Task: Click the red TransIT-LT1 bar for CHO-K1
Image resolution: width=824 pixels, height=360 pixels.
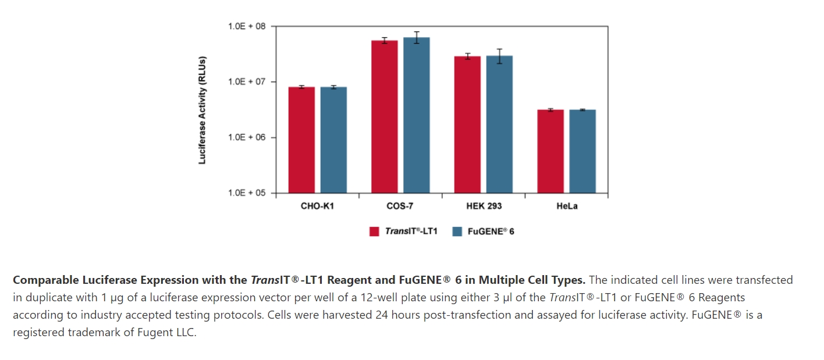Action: pyautogui.click(x=301, y=140)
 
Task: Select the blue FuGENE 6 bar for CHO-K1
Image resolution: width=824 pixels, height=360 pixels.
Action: pyautogui.click(x=333, y=140)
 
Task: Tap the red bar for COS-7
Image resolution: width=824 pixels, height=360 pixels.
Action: pyautogui.click(x=385, y=116)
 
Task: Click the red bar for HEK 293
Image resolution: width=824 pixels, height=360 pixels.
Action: pyautogui.click(x=468, y=124)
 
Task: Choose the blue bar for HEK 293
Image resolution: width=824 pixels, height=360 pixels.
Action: pyautogui.click(x=499, y=124)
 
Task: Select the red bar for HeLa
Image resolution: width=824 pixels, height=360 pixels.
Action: pyautogui.click(x=550, y=151)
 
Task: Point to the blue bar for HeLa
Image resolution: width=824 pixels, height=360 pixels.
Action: pyautogui.click(x=583, y=151)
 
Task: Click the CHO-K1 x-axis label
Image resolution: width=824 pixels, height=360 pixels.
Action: pyautogui.click(x=317, y=206)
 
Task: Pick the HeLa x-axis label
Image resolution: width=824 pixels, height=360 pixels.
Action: pyautogui.click(x=567, y=206)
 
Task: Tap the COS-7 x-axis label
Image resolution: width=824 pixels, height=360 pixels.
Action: pyautogui.click(x=400, y=206)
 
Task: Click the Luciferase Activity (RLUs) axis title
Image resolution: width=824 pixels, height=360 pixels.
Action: pyautogui.click(x=203, y=110)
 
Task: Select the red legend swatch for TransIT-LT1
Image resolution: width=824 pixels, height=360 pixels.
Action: pyautogui.click(x=375, y=231)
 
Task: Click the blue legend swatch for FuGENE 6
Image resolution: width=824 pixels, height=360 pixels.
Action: pyautogui.click(x=457, y=231)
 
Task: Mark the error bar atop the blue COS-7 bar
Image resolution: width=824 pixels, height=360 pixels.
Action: pyautogui.click(x=417, y=37)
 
